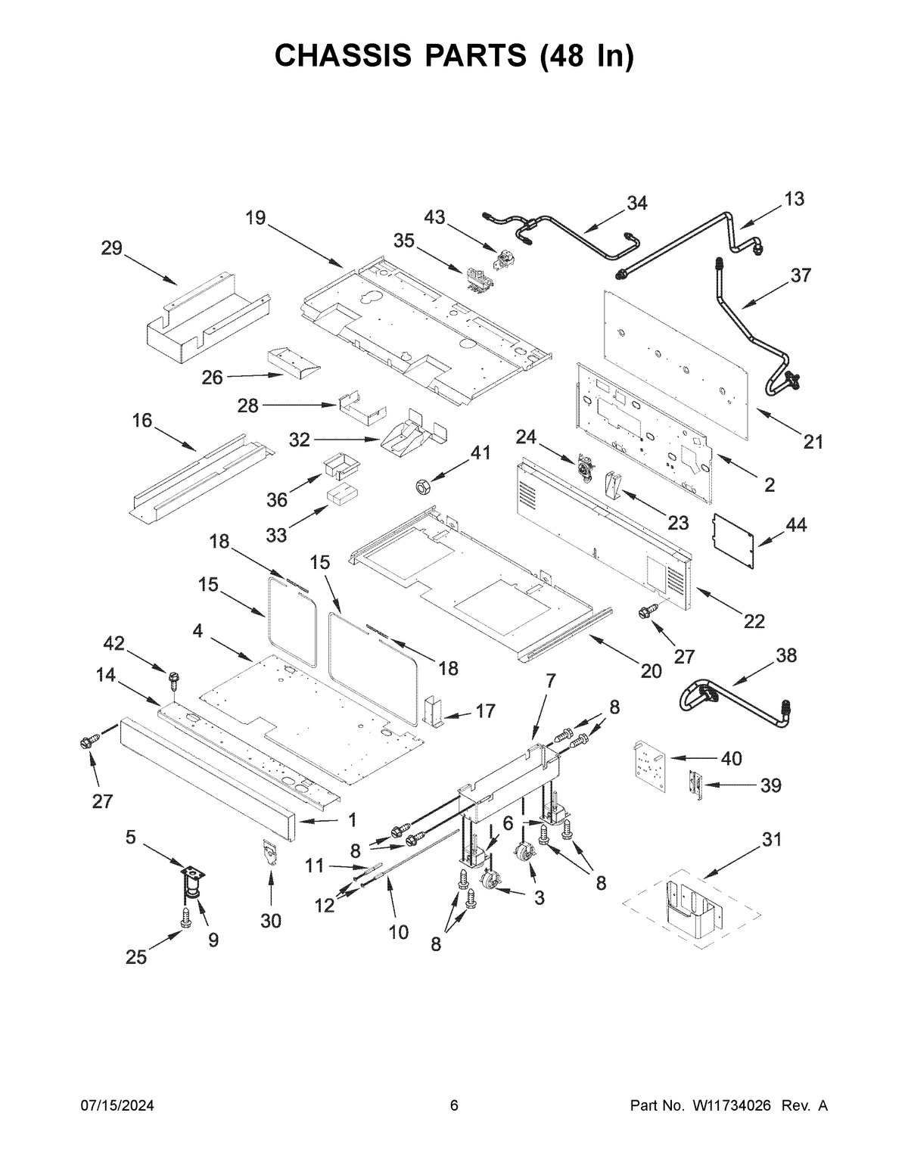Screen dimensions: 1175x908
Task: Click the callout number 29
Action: pyautogui.click(x=112, y=247)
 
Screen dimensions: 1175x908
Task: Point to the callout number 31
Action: pyautogui.click(x=771, y=839)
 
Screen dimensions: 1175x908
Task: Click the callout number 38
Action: pyautogui.click(x=786, y=655)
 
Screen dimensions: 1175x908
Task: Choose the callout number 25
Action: pyautogui.click(x=136, y=957)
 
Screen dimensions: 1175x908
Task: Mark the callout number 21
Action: pyautogui.click(x=813, y=442)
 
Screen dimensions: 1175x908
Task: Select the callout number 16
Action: pyautogui.click(x=142, y=420)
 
